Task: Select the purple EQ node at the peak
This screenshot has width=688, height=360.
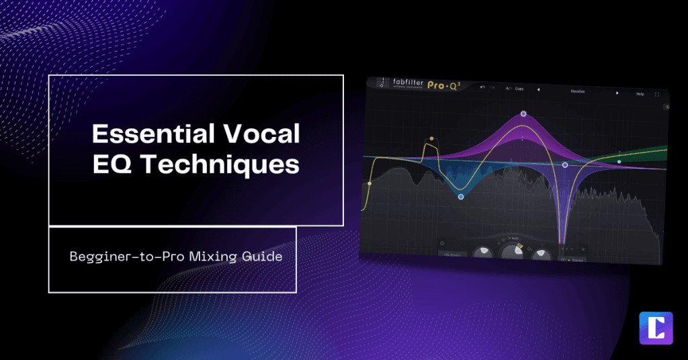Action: tap(523, 115)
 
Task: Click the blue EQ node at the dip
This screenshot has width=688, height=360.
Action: tap(461, 197)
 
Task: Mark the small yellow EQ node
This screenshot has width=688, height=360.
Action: tap(431, 140)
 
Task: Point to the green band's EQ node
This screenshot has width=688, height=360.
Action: tap(619, 162)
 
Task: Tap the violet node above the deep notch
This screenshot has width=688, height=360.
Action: tap(565, 165)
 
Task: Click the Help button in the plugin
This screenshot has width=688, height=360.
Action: tap(640, 94)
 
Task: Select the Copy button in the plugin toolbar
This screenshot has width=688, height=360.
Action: tap(519, 89)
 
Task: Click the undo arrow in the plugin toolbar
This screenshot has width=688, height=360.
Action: tap(482, 87)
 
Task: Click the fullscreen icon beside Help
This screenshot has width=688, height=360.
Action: tap(657, 94)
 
